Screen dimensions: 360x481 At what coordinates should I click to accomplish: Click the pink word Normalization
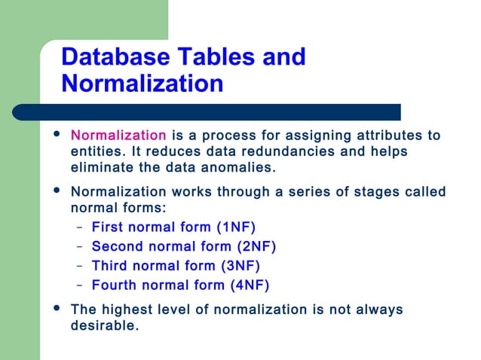coord(118,136)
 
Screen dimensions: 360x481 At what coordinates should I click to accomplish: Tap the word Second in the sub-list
coord(117,246)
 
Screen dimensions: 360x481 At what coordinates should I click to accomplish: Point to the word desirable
coord(103,326)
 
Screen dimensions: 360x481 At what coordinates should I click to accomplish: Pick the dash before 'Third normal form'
coord(80,265)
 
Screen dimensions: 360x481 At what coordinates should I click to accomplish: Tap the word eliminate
coord(99,166)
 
